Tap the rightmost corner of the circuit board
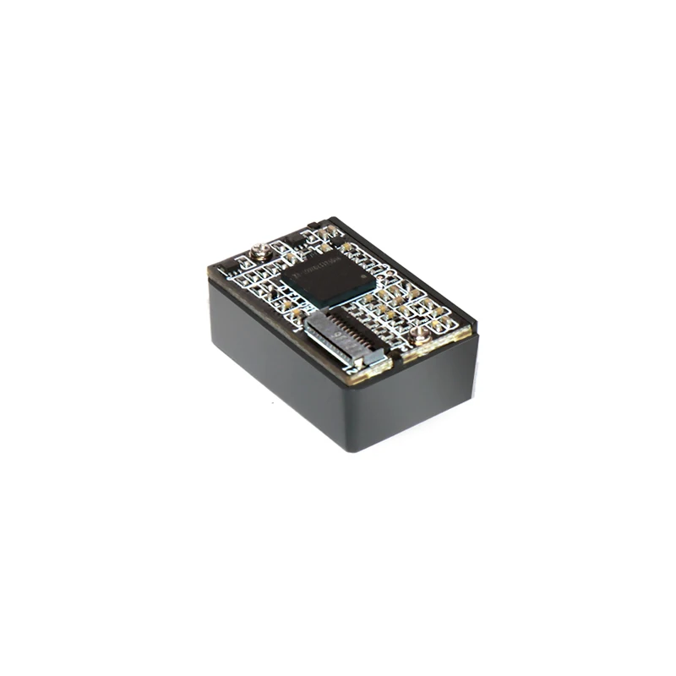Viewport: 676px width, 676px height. coord(477,331)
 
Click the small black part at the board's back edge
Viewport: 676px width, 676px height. coord(313,226)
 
